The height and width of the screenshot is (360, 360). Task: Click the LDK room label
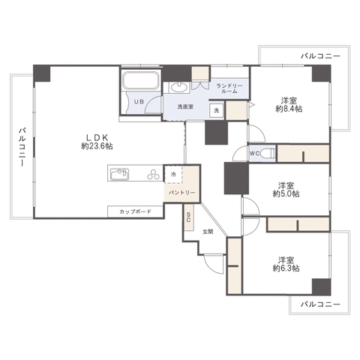point(97,137)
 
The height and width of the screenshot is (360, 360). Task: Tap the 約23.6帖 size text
point(97,146)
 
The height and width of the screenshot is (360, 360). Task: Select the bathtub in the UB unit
point(141,80)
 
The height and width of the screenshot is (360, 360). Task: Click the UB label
point(139,102)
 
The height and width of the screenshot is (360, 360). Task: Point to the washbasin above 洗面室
point(179,87)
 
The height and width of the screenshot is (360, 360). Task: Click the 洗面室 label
point(185,106)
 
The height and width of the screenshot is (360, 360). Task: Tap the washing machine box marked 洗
point(216,109)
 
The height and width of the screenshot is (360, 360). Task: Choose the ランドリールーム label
point(229,88)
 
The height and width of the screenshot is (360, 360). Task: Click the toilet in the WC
point(268,153)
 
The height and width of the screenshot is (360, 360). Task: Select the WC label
point(254,154)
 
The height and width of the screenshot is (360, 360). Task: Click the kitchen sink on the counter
point(120,174)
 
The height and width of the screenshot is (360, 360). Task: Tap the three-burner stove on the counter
point(154,174)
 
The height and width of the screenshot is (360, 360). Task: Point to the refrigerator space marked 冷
point(173,175)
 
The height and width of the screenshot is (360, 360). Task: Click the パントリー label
point(181,193)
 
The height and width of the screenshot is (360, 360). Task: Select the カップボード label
point(135,211)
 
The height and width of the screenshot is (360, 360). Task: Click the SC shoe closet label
point(188,217)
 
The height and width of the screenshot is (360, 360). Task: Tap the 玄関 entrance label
point(208,232)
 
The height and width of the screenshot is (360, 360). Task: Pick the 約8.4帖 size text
point(289,109)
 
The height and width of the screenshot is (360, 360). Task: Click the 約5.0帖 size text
point(286,194)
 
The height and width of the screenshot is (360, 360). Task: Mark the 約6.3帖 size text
point(286,268)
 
